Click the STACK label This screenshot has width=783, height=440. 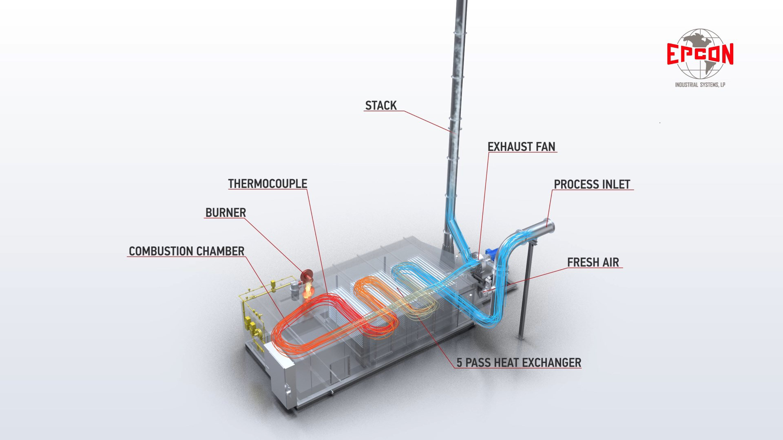coord(380,106)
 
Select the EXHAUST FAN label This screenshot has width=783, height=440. coord(521,147)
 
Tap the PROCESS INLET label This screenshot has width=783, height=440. coord(592,184)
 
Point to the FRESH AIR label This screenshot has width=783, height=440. coord(593,262)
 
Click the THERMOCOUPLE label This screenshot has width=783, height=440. coord(268,184)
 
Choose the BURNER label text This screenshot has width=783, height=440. coord(226,213)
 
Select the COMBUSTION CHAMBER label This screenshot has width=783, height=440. coord(186,251)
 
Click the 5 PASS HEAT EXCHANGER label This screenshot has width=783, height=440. coord(519,362)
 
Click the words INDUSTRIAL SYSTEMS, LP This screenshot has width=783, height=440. coord(700,85)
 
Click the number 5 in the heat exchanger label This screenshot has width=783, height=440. coord(459,363)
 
